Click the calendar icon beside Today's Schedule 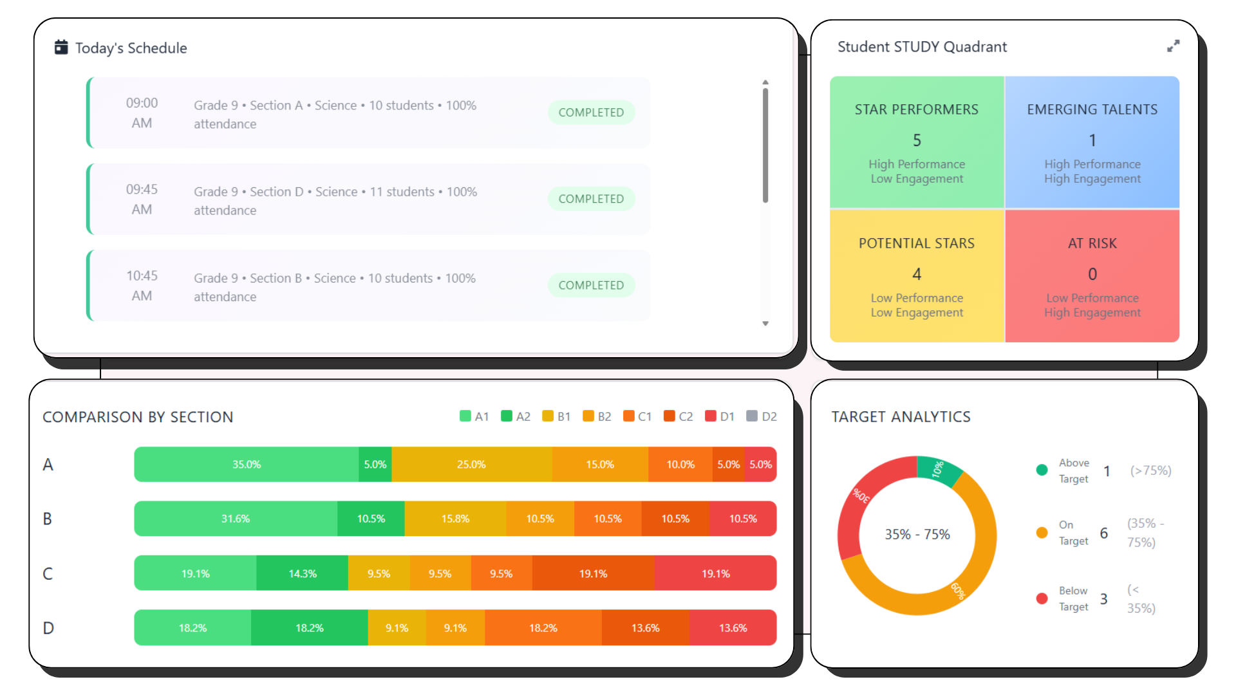[61, 47]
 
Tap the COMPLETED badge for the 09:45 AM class [591, 199]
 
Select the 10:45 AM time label [142, 286]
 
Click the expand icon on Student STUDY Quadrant [1173, 46]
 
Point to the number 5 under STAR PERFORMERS [917, 140]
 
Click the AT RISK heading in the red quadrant [1092, 243]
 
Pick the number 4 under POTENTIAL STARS [917, 274]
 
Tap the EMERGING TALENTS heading [1092, 109]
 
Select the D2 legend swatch [752, 416]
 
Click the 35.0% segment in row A [247, 465]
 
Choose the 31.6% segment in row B [236, 519]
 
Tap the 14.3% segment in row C [302, 573]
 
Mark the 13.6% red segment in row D [733, 628]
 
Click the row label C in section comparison [48, 573]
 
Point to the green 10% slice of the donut [937, 468]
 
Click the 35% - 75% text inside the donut [917, 534]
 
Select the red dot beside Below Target [1042, 598]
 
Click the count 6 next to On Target [1103, 533]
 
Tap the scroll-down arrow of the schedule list [765, 324]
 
